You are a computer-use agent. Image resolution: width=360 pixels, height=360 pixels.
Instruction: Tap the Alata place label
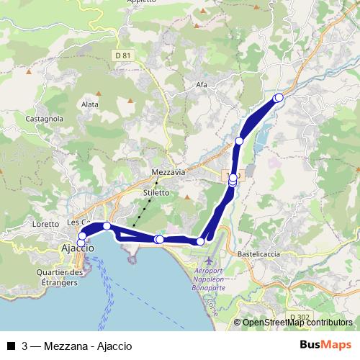coord(90,104)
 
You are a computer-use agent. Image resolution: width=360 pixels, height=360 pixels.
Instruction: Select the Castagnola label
coord(45,118)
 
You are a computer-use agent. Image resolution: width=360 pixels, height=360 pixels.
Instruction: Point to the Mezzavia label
coord(169,173)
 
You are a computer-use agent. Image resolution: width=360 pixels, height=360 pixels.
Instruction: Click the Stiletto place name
coord(156,193)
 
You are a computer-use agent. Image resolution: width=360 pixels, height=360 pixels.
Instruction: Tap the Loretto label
coord(45,224)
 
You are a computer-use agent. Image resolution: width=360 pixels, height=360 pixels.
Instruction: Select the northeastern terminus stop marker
coord(279,97)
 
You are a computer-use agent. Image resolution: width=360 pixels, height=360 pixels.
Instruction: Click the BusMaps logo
coord(325,344)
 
